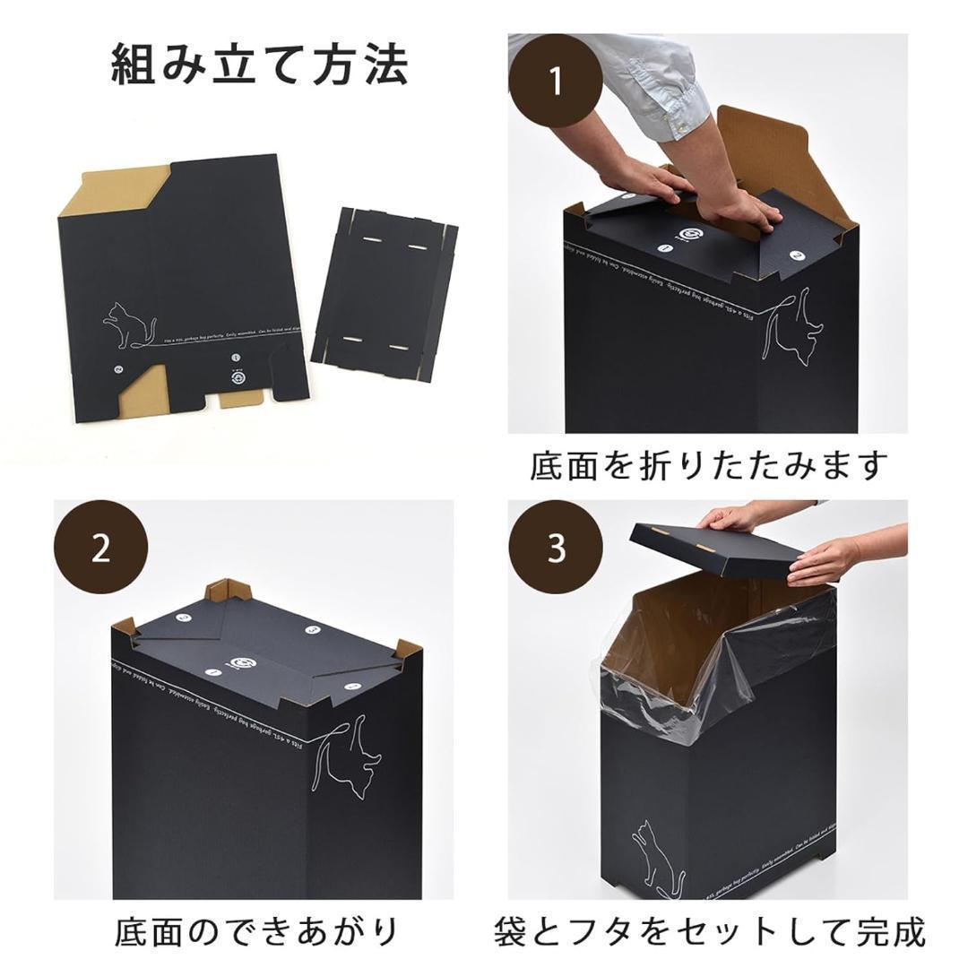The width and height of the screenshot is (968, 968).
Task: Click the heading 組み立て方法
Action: point(259,65)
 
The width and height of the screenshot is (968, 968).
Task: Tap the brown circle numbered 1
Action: point(556,81)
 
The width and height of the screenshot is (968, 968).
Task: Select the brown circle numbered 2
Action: point(101,548)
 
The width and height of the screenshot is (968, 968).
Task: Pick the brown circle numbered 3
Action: point(556,548)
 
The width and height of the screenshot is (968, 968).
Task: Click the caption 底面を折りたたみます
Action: point(708,466)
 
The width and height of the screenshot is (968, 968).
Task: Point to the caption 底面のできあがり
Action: point(256,932)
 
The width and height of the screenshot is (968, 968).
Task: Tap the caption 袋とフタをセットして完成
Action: point(708,932)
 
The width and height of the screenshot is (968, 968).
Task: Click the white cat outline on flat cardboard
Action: point(131,324)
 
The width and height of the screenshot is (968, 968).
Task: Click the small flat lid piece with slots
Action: point(385,293)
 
